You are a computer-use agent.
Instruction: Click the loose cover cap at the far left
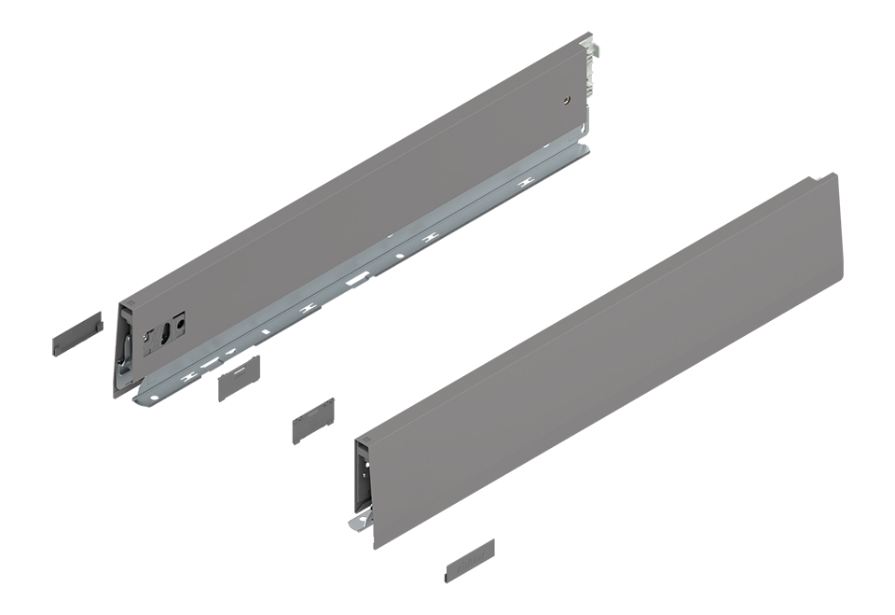pyautogui.click(x=76, y=330)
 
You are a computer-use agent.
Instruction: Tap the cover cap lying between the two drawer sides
pyautogui.click(x=313, y=422)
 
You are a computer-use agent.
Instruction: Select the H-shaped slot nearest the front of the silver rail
pyautogui.click(x=190, y=375)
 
